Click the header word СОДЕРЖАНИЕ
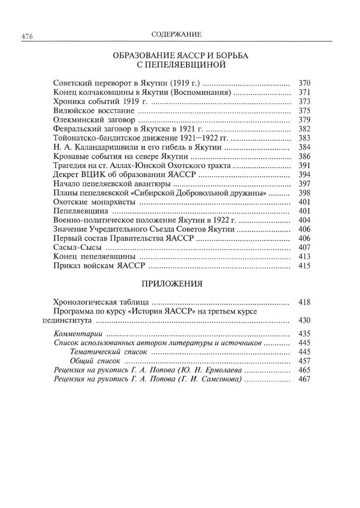pyautogui.click(x=176, y=34)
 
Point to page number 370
pyautogui.click(x=304, y=83)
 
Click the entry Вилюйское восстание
pyautogui.click(x=94, y=111)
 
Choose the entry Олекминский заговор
pyautogui.click(x=94, y=120)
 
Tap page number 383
pyautogui.click(x=304, y=138)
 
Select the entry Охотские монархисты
pyautogui.click(x=94, y=202)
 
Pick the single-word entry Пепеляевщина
pyautogui.click(x=81, y=211)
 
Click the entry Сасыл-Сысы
pyautogui.click(x=77, y=248)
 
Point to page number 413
pyautogui.click(x=304, y=257)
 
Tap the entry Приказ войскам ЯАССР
pyautogui.click(x=99, y=266)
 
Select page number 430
pyautogui.click(x=304, y=320)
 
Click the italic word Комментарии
pyautogui.click(x=78, y=334)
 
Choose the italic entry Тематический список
pyautogui.click(x=108, y=352)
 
